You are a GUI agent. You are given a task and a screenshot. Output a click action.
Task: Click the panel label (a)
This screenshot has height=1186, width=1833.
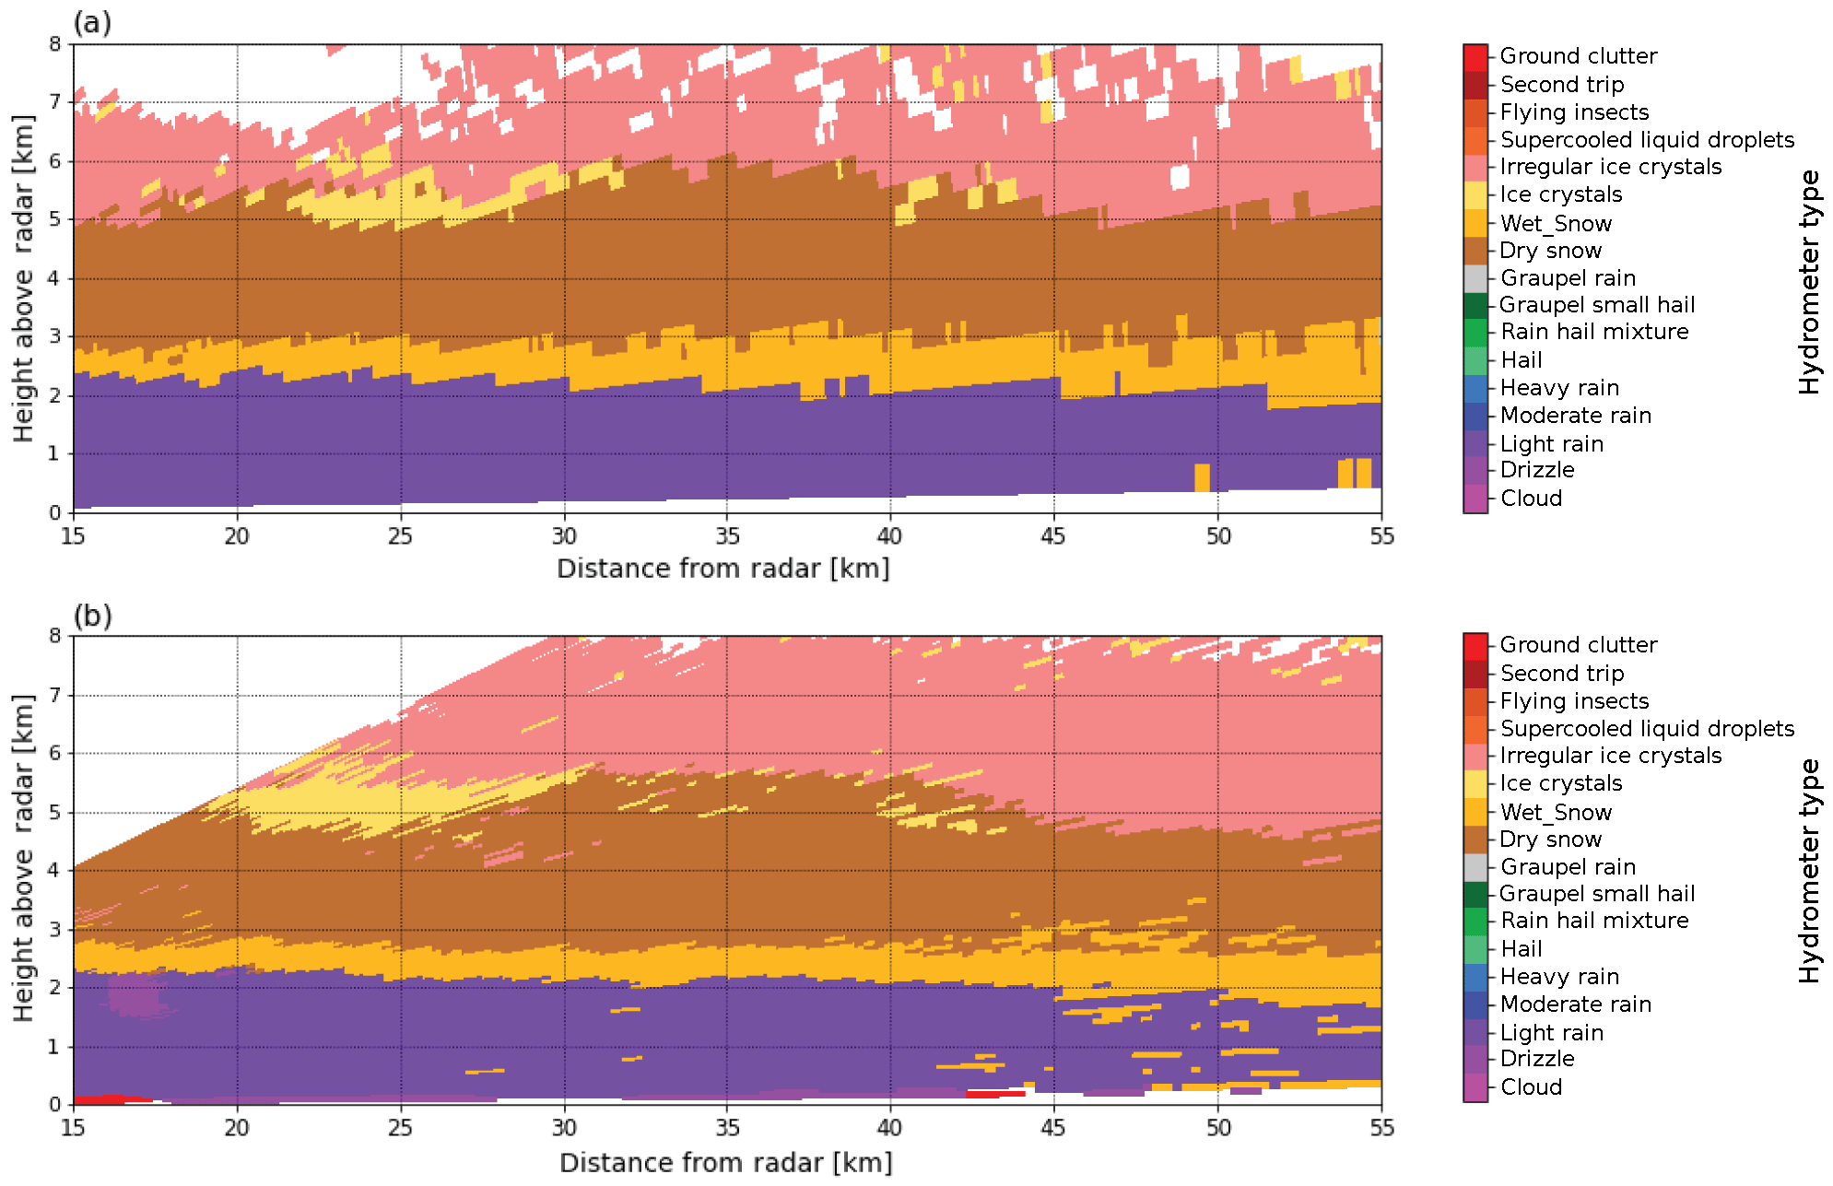tap(92, 22)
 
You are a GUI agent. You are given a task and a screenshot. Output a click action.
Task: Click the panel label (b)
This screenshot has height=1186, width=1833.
tap(92, 615)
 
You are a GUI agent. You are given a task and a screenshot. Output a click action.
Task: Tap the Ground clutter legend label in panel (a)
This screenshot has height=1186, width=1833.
tap(1578, 56)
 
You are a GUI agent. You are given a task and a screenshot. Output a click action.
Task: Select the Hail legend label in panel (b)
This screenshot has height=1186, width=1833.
tap(1521, 948)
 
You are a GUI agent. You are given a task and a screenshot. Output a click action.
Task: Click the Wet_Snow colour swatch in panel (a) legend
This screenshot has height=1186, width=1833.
tap(1475, 223)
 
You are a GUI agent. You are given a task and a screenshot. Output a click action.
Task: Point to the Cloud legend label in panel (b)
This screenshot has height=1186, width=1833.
tap(1531, 1087)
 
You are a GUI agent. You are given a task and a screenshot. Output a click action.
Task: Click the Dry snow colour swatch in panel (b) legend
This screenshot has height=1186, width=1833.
tap(1475, 840)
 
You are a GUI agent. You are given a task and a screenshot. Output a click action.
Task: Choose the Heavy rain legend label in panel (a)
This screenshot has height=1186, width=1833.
tap(1559, 388)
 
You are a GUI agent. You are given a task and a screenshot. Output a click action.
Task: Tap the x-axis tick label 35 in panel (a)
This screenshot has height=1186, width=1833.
tap(727, 536)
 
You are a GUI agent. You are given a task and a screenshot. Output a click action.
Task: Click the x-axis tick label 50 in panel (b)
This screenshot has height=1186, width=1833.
tap(1217, 1128)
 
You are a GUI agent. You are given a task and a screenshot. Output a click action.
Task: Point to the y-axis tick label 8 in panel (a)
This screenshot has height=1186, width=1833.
tap(55, 44)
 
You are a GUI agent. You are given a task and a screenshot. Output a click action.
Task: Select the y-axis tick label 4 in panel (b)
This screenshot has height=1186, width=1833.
tap(55, 870)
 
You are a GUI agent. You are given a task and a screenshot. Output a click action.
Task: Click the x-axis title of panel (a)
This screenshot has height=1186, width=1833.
tap(723, 569)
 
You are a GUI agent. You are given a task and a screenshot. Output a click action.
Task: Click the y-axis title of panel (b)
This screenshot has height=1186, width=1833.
tap(23, 858)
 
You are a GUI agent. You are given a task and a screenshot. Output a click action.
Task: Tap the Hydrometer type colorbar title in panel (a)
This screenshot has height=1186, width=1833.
tap(1809, 281)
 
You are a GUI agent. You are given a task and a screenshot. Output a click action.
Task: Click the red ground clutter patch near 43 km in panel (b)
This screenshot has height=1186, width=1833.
tap(995, 1094)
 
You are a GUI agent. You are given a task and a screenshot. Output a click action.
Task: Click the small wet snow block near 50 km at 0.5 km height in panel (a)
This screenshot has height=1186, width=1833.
tap(1202, 477)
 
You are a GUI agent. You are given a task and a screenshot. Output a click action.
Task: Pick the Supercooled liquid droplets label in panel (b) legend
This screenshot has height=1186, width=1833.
tap(1647, 729)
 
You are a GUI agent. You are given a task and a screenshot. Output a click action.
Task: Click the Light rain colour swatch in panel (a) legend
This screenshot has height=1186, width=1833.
tap(1475, 443)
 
